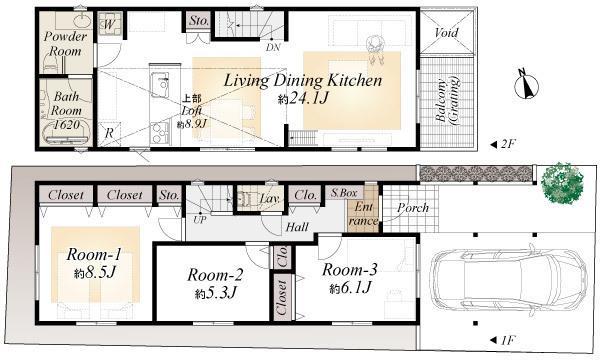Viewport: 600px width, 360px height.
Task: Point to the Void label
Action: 445,33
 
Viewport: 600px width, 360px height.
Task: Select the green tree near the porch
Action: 564,184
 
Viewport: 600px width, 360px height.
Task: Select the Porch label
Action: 412,208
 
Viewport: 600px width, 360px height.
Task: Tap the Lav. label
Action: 269,200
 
